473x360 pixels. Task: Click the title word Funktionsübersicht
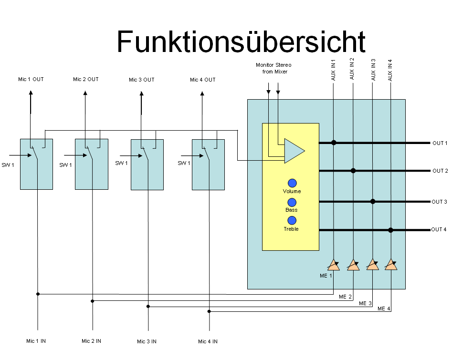[x=241, y=41]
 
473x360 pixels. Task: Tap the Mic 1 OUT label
[x=31, y=79]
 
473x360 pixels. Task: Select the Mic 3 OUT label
[x=142, y=80]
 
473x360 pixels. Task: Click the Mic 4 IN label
[x=208, y=341]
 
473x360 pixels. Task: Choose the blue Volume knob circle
[x=292, y=183]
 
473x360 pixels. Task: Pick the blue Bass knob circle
[x=292, y=202]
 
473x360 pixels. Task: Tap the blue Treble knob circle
[x=292, y=220]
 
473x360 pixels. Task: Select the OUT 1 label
[x=440, y=143]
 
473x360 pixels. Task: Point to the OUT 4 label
[x=439, y=230]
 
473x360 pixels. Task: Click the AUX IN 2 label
[x=352, y=68]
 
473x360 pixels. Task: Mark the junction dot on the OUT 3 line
[x=373, y=201]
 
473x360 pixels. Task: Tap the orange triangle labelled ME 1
[x=334, y=265]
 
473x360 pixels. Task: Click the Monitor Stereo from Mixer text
[x=273, y=68]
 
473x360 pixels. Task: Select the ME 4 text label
[x=384, y=309]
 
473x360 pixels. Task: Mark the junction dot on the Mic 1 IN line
[x=38, y=294]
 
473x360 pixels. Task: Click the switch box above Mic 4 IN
[x=208, y=164]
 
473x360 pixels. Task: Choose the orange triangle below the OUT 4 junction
[x=391, y=264]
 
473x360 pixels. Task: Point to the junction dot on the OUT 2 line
[x=353, y=170]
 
